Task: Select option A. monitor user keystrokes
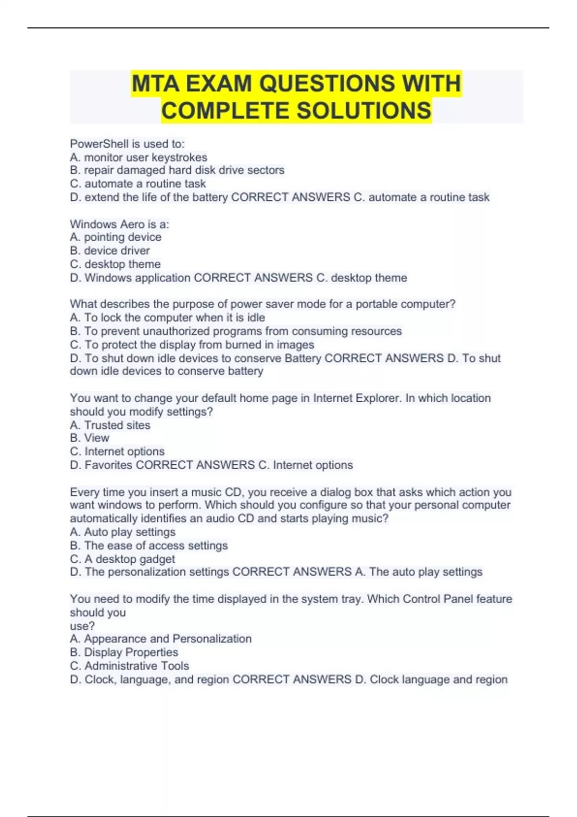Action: (x=138, y=157)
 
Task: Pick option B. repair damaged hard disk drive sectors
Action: (x=177, y=170)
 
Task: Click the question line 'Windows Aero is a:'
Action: (x=119, y=224)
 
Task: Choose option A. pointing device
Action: (x=115, y=237)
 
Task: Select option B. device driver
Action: (x=110, y=250)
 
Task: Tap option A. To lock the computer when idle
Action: (x=167, y=318)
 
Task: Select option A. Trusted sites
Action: (x=110, y=425)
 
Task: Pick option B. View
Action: (x=89, y=438)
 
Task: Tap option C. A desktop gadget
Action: (x=122, y=559)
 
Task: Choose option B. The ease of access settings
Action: (x=149, y=545)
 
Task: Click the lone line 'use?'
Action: (x=82, y=626)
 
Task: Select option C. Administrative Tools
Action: (x=129, y=666)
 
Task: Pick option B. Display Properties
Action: (x=124, y=652)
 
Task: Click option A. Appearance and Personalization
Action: (x=161, y=639)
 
